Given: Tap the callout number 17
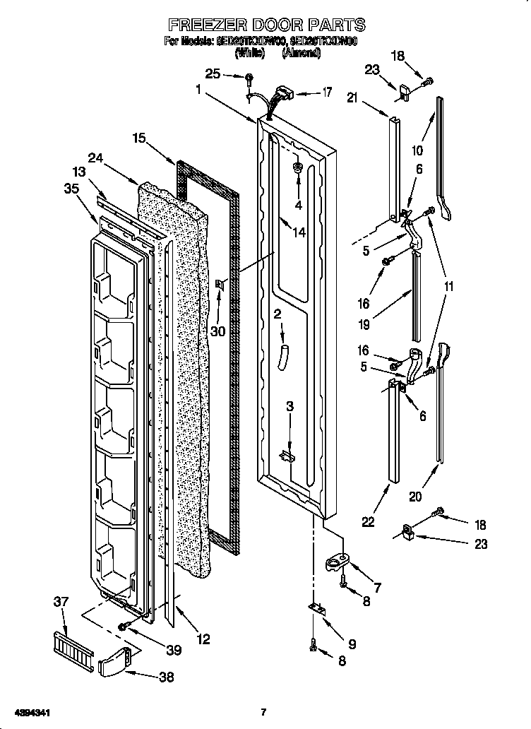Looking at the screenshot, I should (326, 92).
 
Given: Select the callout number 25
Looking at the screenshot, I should (213, 73).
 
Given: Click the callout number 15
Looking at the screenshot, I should (138, 138).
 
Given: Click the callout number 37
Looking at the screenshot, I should (61, 601).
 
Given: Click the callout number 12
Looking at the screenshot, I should (203, 640).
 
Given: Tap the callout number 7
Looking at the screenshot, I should (376, 587).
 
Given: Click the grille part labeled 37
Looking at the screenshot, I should (73, 646).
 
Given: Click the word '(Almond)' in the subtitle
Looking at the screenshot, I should (302, 52).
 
